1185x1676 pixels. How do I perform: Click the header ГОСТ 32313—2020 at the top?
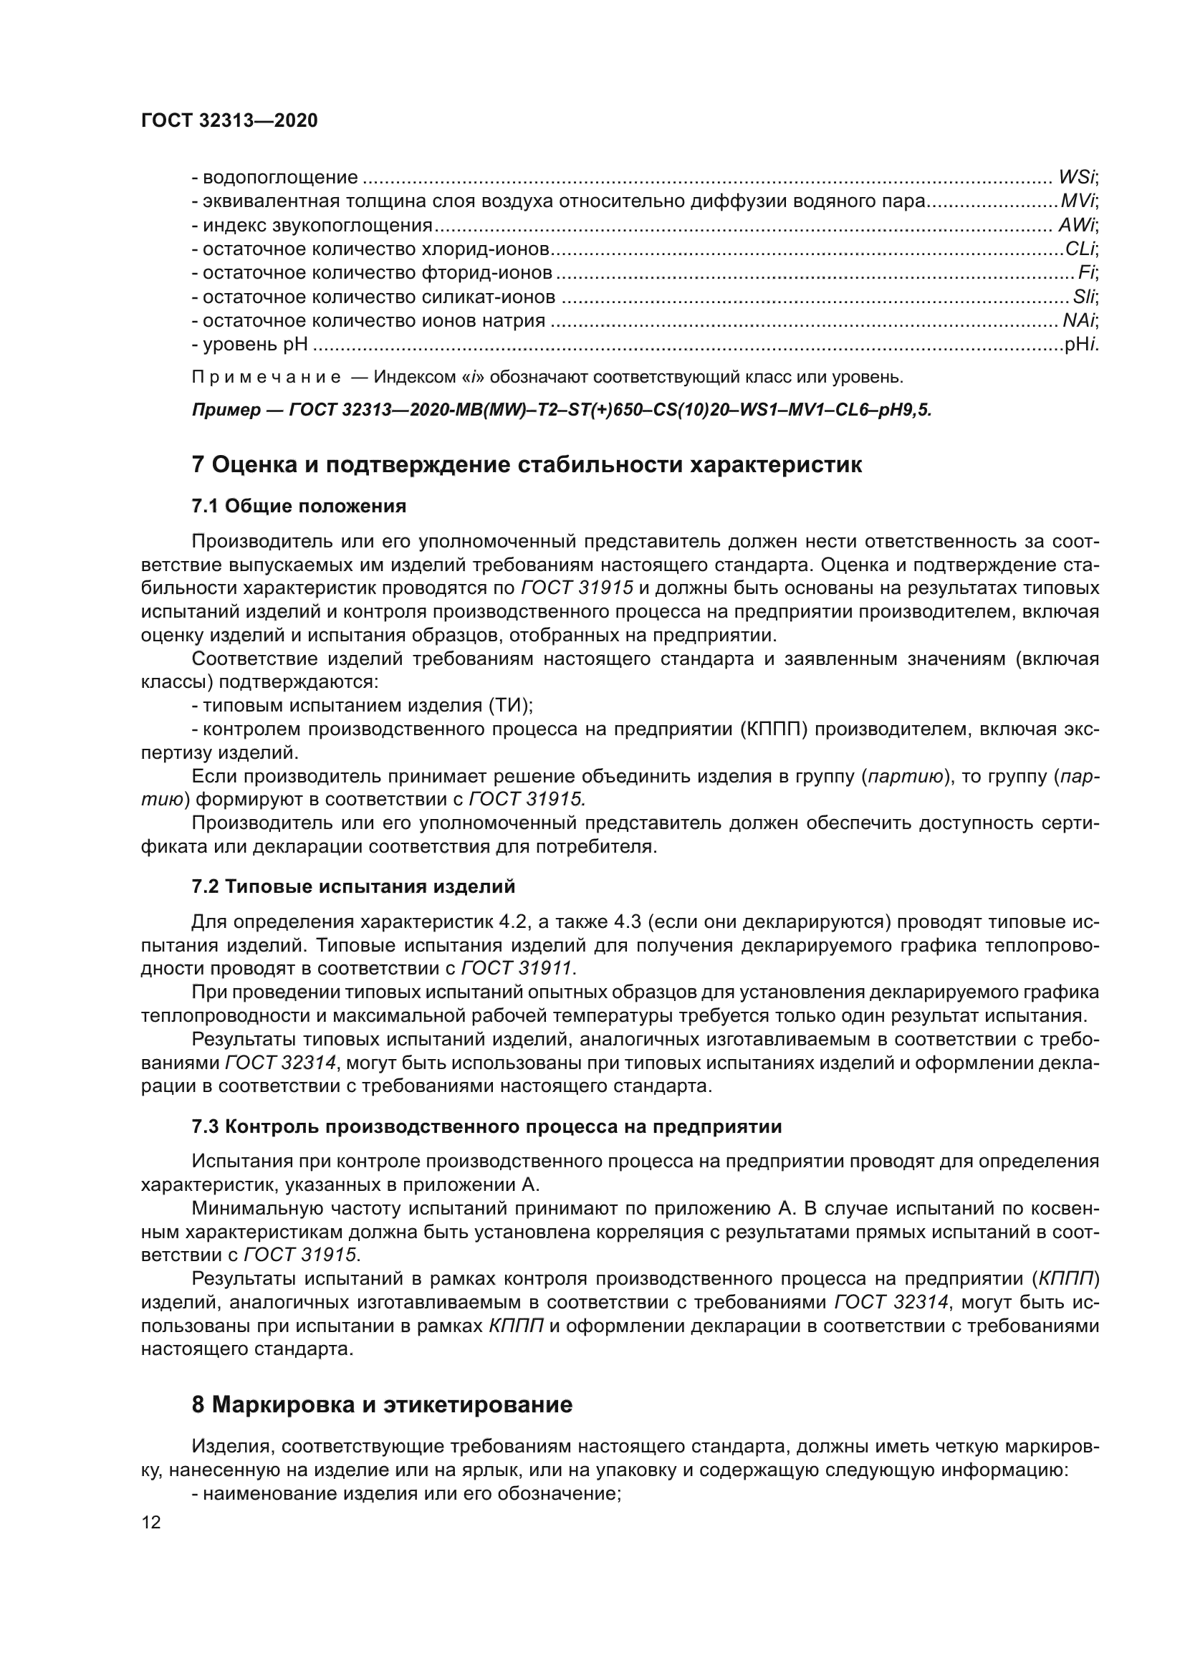[229, 121]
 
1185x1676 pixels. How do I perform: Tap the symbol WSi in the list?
[1076, 178]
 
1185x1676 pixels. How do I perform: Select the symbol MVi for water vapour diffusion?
[1078, 201]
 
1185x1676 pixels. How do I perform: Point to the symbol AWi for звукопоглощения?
[1076, 226]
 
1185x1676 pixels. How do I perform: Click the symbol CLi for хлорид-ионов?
[1079, 249]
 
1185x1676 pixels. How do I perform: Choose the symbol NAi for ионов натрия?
[1078, 321]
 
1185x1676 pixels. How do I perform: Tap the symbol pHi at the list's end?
[1080, 345]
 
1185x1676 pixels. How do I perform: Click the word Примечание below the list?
[267, 378]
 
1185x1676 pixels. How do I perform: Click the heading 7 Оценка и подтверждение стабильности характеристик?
[526, 465]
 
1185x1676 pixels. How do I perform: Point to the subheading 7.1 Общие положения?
[299, 506]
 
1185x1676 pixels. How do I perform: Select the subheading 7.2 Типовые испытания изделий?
[353, 887]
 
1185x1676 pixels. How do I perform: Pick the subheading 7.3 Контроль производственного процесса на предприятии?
[486, 1127]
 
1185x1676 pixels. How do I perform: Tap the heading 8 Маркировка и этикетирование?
[382, 1405]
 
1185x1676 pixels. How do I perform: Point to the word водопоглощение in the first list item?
[280, 178]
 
